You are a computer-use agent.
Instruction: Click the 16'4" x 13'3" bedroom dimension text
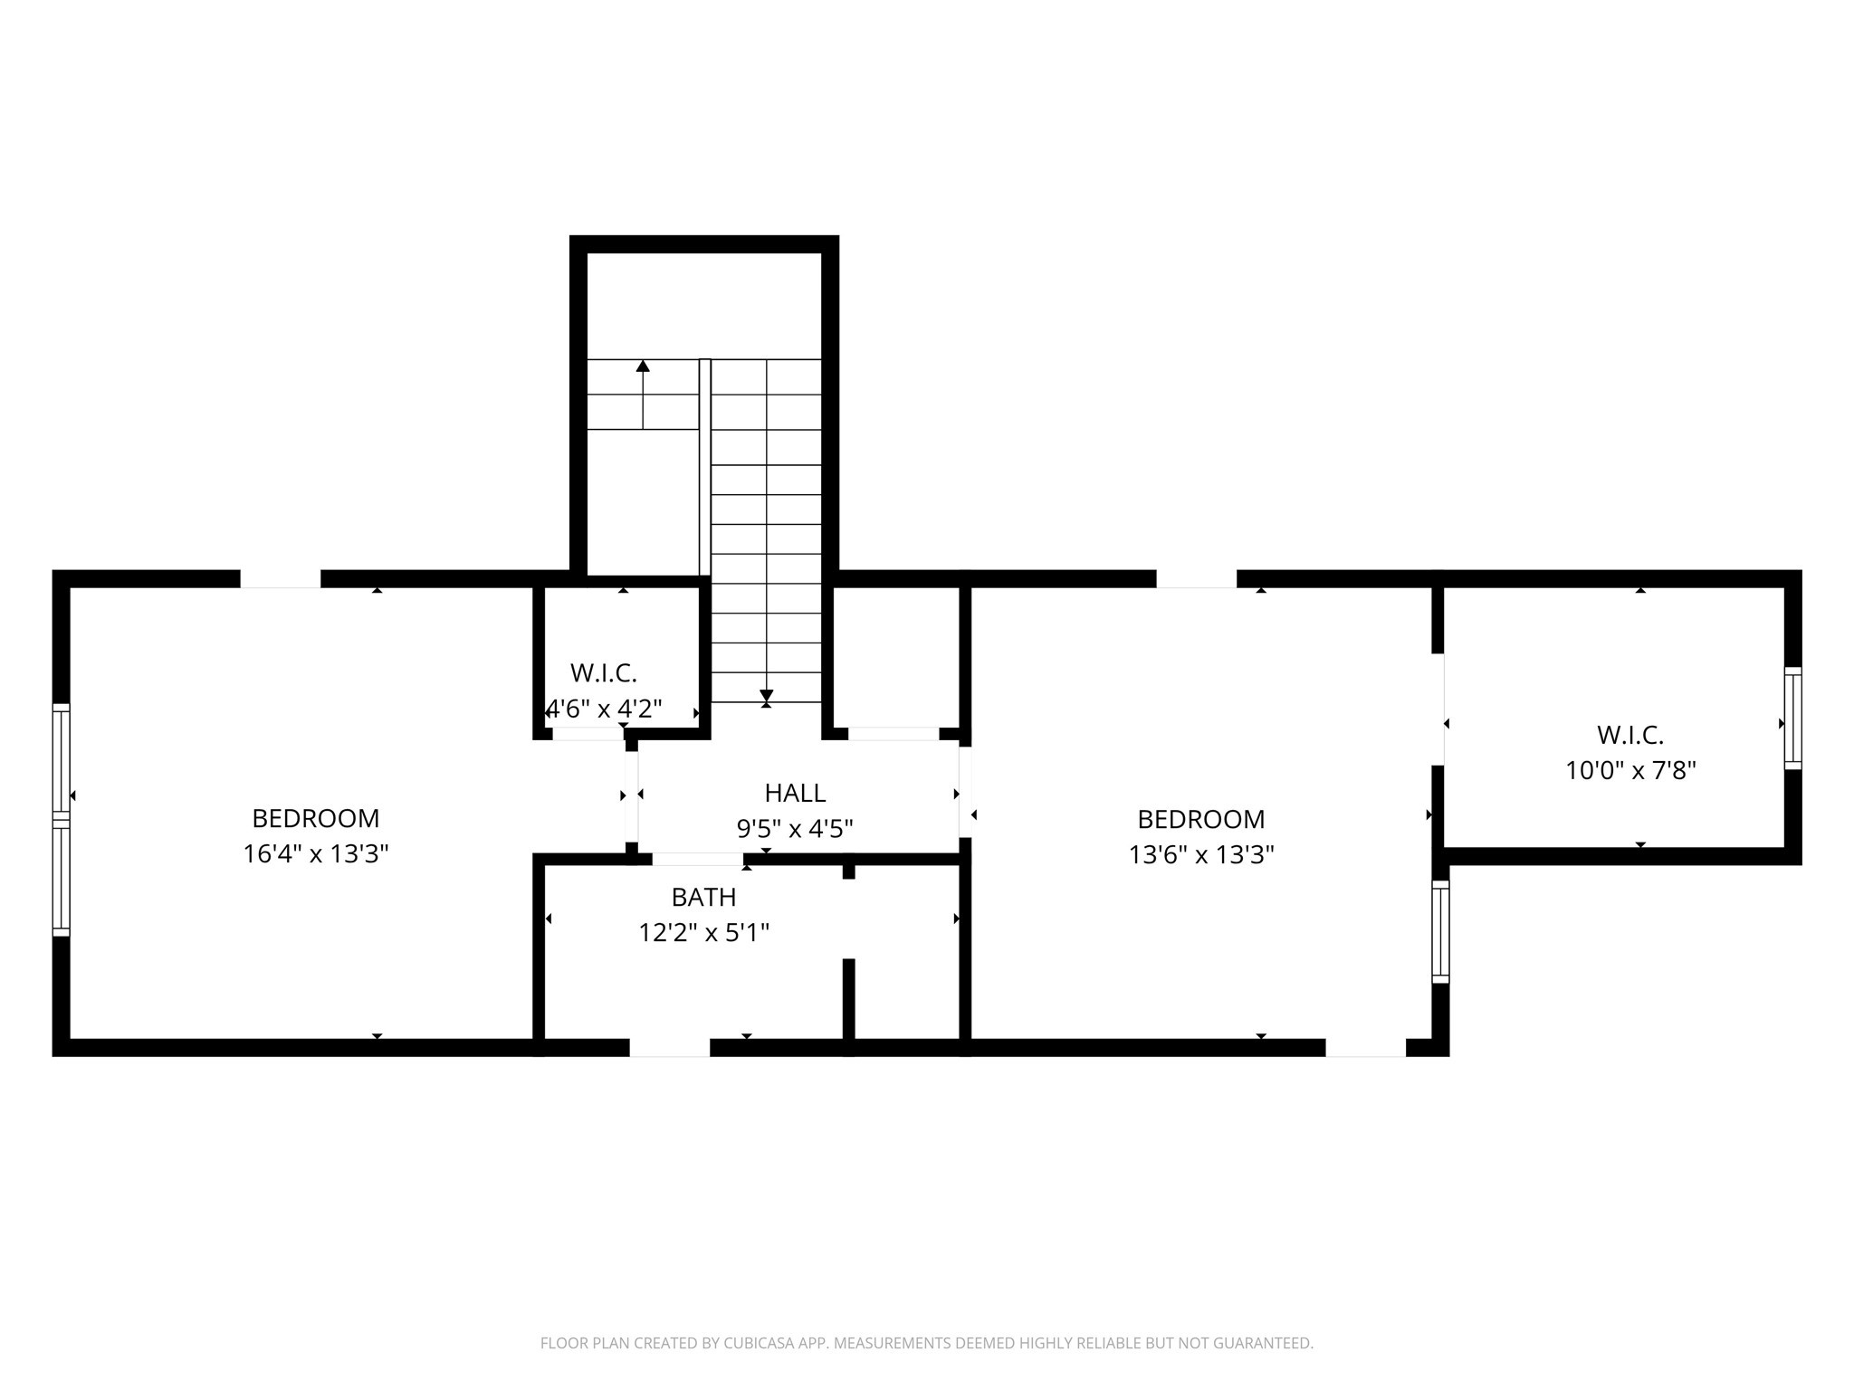pos(315,854)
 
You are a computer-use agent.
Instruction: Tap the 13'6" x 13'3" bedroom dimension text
pos(1200,855)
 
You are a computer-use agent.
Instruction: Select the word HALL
pos(795,794)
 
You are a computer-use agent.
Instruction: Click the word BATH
pos(703,898)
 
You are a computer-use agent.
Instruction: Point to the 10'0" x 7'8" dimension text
pos(1630,771)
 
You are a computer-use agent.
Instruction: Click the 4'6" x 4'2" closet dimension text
pos(605,709)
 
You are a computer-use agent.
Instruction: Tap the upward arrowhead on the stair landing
pos(643,366)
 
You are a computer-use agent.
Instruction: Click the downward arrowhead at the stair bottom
pos(767,697)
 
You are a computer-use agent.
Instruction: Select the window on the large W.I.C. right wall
pos(1792,719)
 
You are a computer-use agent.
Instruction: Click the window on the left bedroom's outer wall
pos(61,820)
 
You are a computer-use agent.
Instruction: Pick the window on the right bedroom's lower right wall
pos(1440,932)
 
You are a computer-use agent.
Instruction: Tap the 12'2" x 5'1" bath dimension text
pos(703,933)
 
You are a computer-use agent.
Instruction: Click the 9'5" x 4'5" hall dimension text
pos(795,829)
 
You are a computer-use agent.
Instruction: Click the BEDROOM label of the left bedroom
pos(315,819)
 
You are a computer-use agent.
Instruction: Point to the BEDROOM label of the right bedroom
pos(1200,820)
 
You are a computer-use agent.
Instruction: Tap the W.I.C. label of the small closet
pos(604,673)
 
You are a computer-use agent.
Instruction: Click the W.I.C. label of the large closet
pos(1630,735)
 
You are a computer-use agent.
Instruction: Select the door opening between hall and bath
pos(697,859)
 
